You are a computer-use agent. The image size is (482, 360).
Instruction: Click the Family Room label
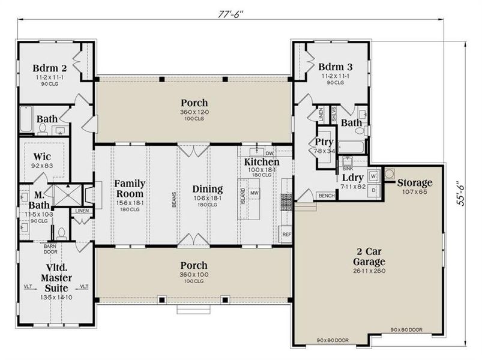click(x=130, y=188)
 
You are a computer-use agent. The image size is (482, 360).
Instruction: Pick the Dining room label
click(x=207, y=188)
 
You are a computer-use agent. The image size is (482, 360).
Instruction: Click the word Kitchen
click(x=261, y=163)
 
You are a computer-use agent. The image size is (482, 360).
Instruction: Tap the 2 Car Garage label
click(x=369, y=257)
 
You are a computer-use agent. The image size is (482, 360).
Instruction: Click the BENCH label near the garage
click(x=327, y=196)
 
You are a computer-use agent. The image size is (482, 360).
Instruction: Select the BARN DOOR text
click(x=49, y=247)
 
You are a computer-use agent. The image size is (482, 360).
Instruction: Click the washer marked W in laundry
click(x=373, y=176)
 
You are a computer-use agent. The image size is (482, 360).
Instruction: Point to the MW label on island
click(x=254, y=193)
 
